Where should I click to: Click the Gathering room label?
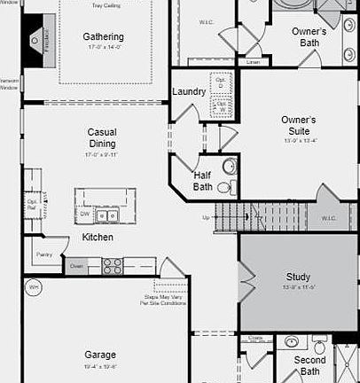coord(104,36)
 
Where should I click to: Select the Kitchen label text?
coord(98,238)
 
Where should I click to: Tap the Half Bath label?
coord(202,181)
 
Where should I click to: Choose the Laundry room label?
coord(189,91)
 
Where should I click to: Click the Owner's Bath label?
coord(309,36)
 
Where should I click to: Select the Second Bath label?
coord(309,365)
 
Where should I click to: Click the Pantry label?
coord(44,254)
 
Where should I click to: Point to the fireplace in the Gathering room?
coord(35,39)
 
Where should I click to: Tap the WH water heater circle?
coord(35,287)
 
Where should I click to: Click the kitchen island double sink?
coord(108,215)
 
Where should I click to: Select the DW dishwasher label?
coord(85,215)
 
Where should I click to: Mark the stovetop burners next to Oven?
coord(113,264)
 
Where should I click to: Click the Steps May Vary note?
coord(163,301)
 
